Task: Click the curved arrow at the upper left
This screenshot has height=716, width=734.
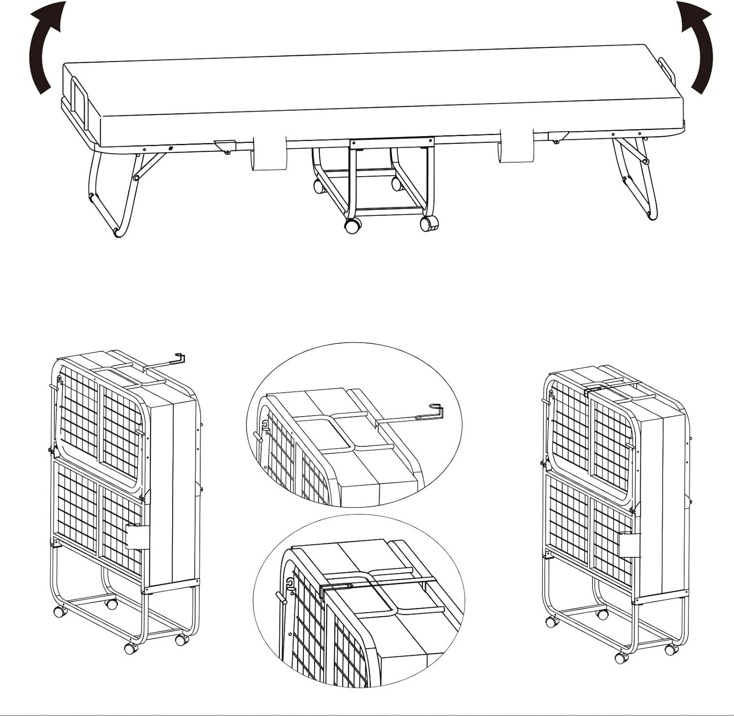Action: pyautogui.click(x=45, y=46)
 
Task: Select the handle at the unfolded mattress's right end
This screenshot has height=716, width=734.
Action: pyautogui.click(x=666, y=71)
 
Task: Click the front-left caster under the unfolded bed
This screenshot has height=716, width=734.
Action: pyautogui.click(x=353, y=226)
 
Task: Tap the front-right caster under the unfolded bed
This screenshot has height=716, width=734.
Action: pyautogui.click(x=429, y=223)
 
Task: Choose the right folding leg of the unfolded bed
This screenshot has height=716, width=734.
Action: pyautogui.click(x=636, y=176)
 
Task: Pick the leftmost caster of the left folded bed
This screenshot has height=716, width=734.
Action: pyautogui.click(x=60, y=611)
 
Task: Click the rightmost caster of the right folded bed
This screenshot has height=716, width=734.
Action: pyautogui.click(x=670, y=649)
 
